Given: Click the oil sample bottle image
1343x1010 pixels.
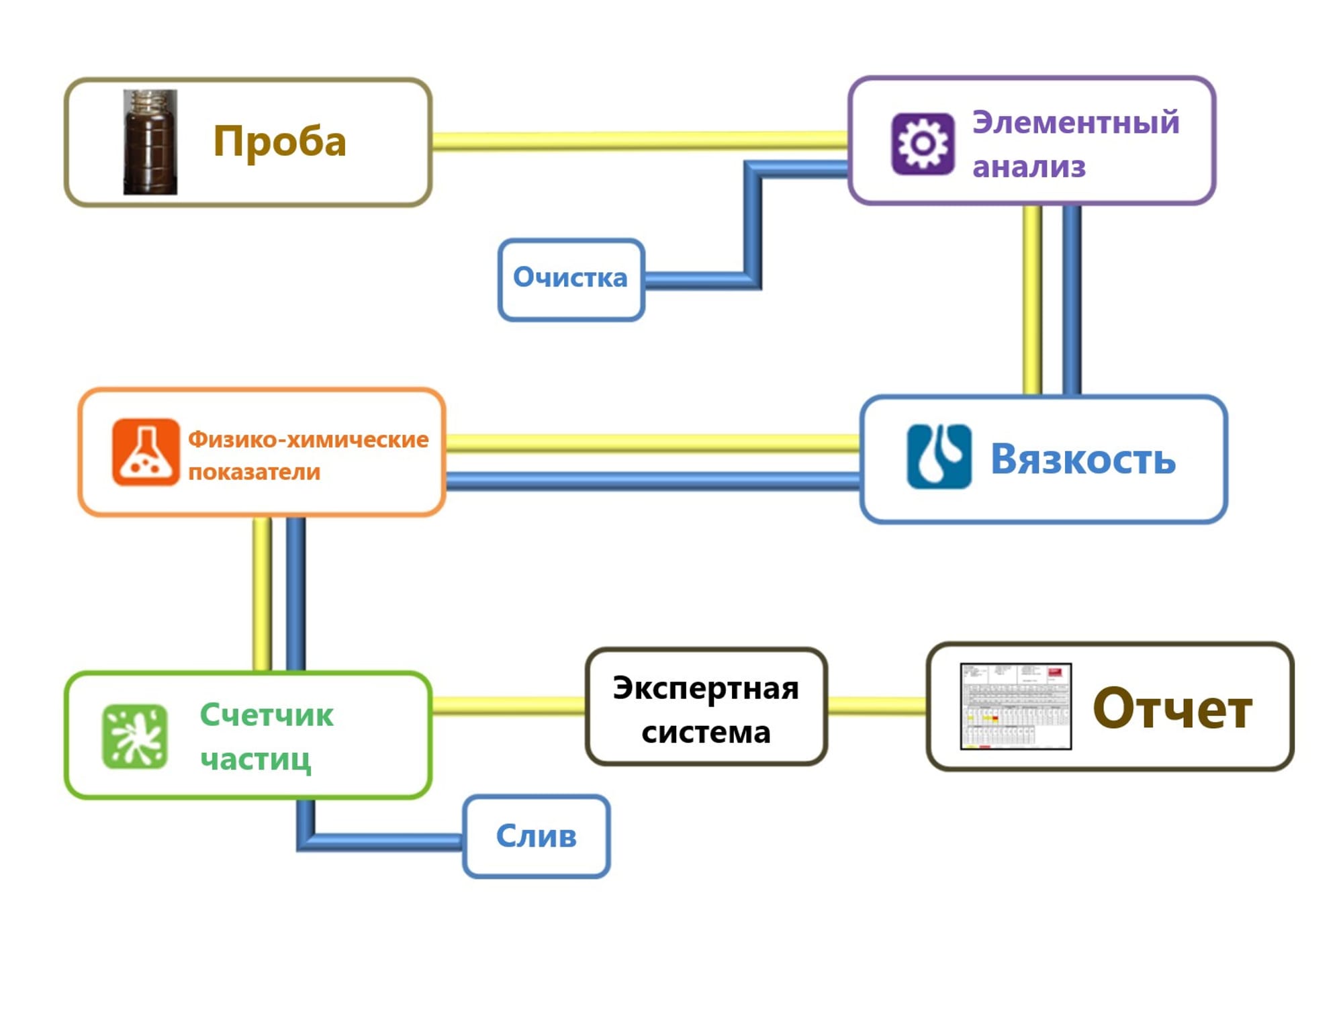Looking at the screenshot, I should click(x=150, y=142).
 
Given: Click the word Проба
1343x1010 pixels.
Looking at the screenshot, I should click(x=279, y=142).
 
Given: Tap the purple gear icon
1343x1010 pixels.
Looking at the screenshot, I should click(x=923, y=144).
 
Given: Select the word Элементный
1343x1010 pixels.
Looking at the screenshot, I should click(x=1076, y=122).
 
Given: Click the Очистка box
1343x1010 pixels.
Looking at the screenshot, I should click(x=571, y=279).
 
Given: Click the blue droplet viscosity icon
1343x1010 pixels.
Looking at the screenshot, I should click(x=939, y=456).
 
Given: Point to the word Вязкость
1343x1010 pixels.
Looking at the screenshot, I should click(x=1082, y=459).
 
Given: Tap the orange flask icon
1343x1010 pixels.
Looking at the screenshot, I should click(x=146, y=452).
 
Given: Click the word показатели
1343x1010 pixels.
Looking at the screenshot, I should click(x=254, y=472).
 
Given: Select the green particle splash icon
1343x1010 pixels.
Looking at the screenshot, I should click(x=135, y=736).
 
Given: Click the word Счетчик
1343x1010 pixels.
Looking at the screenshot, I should click(x=267, y=715).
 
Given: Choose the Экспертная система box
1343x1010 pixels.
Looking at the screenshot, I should click(x=706, y=706).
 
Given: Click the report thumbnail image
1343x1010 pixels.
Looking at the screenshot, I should click(x=1015, y=706).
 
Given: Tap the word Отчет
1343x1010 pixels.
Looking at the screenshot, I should click(x=1172, y=708).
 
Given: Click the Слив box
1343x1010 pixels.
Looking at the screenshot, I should click(x=536, y=837).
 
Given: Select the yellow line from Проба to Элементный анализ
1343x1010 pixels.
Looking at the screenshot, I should click(x=638, y=141).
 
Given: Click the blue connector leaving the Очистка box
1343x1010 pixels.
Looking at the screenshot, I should click(x=698, y=280).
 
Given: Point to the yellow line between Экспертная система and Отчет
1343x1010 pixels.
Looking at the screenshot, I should click(x=876, y=705).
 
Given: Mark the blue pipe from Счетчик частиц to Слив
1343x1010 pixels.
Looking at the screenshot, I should click(x=383, y=841).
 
